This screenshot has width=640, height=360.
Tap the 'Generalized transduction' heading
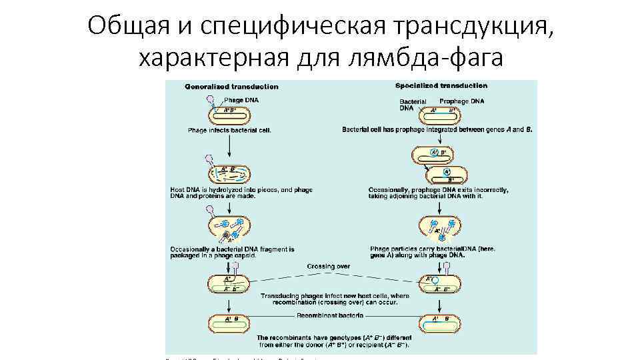pos(231,87)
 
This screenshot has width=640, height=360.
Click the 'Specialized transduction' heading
pos(441,85)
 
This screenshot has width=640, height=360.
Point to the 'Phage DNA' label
pos(241,100)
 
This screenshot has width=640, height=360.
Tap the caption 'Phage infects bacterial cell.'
pos(229,130)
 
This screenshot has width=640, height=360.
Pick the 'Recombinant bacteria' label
pos(330,315)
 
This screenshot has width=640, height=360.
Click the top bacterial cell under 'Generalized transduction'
pos(231,113)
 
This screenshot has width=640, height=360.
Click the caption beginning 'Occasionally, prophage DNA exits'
pos(438,193)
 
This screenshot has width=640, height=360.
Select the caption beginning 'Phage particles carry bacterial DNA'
pos(433,251)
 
